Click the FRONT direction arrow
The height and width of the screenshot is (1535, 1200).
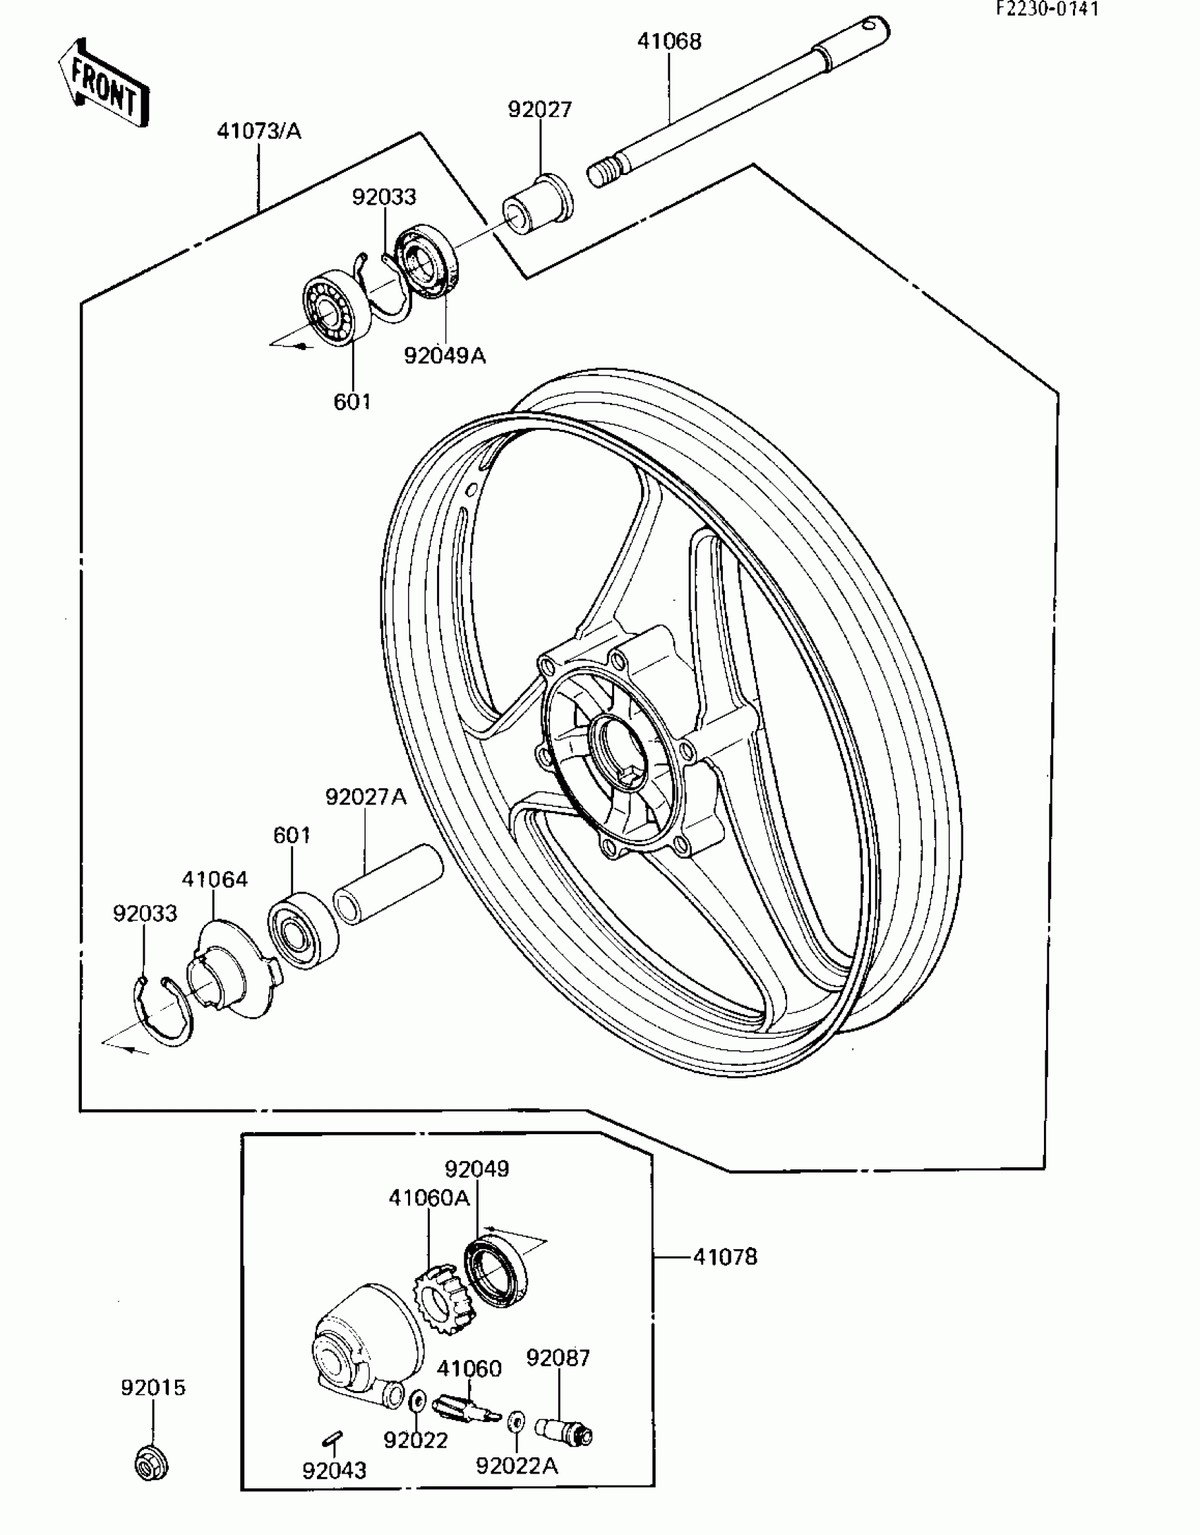pyautogui.click(x=104, y=83)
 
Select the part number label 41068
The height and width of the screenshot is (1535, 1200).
pyautogui.click(x=669, y=42)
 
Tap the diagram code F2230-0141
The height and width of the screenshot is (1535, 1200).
pyautogui.click(x=1048, y=9)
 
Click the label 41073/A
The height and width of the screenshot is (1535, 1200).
pyautogui.click(x=258, y=131)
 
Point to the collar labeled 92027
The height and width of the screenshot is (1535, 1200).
pyautogui.click(x=538, y=206)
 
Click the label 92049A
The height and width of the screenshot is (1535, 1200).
pyautogui.click(x=445, y=356)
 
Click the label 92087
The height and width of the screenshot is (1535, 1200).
pyautogui.click(x=558, y=1357)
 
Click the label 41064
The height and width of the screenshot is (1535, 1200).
pyautogui.click(x=215, y=879)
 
